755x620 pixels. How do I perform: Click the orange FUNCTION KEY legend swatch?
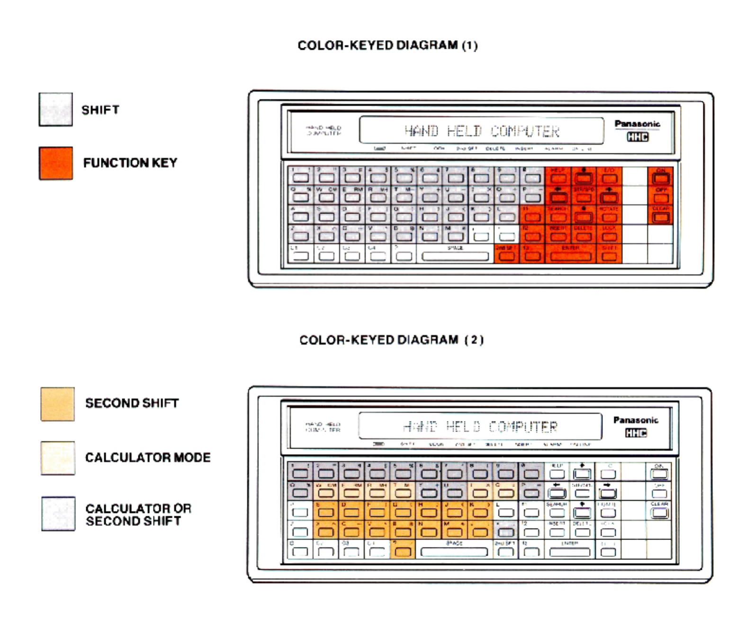(56, 163)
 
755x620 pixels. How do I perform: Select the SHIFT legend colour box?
(56, 109)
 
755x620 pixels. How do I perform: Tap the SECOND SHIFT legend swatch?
(57, 404)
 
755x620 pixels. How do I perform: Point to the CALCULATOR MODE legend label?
(148, 458)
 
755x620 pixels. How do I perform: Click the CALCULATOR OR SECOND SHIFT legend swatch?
(58, 514)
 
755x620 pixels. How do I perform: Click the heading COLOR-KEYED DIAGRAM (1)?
(387, 45)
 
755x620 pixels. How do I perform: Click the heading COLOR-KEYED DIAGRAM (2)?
(391, 340)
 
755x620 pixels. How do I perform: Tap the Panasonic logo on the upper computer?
(637, 124)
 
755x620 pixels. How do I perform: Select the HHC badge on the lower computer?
(636, 433)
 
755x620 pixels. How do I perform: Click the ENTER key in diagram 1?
(571, 256)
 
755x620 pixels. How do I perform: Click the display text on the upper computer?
(482, 131)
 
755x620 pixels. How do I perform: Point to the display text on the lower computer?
(480, 427)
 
